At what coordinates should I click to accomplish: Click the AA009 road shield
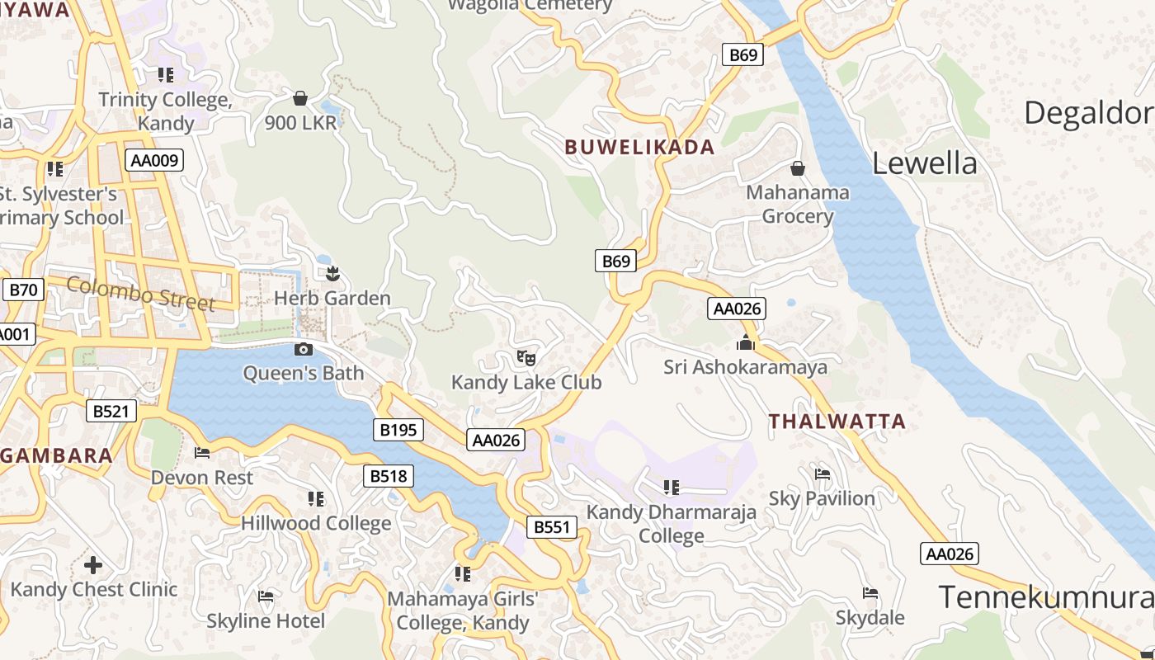click(x=154, y=160)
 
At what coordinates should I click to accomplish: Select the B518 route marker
click(x=388, y=476)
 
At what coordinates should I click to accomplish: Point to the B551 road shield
click(x=551, y=527)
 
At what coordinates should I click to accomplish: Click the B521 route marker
click(x=111, y=411)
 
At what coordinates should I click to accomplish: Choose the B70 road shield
click(x=24, y=290)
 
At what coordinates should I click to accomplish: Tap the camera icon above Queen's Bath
click(x=304, y=349)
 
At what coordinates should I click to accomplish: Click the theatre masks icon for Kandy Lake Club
click(x=526, y=357)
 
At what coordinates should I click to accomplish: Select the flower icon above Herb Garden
click(x=332, y=273)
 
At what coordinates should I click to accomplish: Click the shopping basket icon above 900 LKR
click(x=300, y=98)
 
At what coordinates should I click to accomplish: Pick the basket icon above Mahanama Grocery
click(x=798, y=168)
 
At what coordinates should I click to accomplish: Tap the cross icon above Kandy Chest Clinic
click(x=93, y=565)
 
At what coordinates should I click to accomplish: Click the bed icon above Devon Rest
click(x=202, y=452)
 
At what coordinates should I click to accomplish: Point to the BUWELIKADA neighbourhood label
click(x=639, y=148)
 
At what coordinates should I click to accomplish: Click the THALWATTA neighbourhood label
click(x=837, y=422)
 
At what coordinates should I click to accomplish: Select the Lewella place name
click(x=924, y=163)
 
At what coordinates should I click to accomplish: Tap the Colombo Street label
click(x=140, y=294)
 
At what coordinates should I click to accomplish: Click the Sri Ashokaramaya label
click(x=745, y=367)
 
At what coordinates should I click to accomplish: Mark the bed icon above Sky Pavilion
click(x=823, y=474)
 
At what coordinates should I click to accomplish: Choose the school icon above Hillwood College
click(x=315, y=498)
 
